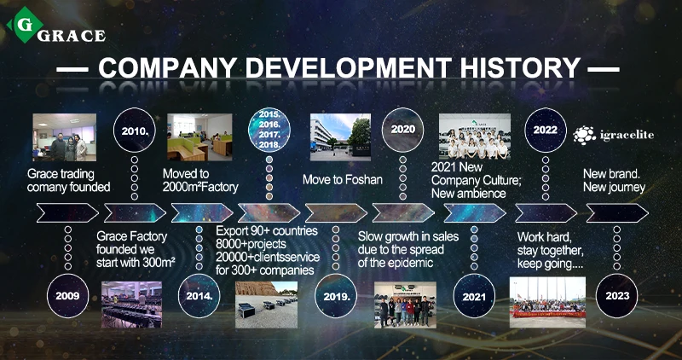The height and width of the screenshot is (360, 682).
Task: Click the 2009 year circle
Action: (68, 296)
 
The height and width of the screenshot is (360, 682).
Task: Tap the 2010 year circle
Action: (135, 130)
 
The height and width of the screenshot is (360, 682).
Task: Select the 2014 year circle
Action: (199, 296)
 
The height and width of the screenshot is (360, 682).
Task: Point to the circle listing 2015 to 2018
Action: (269, 130)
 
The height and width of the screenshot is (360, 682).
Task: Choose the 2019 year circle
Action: (336, 296)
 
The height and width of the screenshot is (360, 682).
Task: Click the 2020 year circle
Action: (402, 130)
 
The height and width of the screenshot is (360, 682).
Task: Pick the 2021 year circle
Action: (474, 296)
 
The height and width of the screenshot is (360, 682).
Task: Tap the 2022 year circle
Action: (546, 130)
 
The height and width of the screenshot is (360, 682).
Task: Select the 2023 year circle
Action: (616, 296)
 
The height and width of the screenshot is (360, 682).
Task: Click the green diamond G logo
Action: (26, 25)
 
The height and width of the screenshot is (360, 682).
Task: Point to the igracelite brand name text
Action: (627, 135)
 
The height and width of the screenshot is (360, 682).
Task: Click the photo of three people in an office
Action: (65, 137)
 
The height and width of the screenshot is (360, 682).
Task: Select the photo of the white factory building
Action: (340, 137)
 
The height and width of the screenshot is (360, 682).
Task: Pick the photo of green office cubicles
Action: (199, 137)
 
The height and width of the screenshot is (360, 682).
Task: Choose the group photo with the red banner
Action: (547, 302)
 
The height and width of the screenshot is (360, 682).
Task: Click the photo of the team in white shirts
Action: (475, 136)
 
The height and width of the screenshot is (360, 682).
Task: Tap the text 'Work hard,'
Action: (544, 237)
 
